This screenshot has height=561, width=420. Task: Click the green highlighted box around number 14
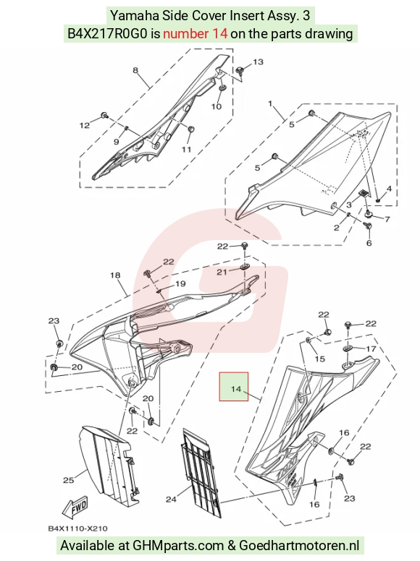pos(234,386)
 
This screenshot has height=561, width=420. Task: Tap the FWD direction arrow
pos(75,508)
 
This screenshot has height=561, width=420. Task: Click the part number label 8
pos(135,70)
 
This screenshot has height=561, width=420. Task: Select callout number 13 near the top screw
pos(258,62)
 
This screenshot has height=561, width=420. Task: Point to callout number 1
pos(270,104)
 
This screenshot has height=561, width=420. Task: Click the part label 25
pos(69,480)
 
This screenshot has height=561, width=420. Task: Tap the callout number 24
pos(171,499)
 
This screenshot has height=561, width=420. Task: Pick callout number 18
pos(115,275)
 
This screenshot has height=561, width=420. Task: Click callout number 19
pos(180,283)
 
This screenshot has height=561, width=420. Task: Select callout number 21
pos(222,273)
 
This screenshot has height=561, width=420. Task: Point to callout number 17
pos(371,348)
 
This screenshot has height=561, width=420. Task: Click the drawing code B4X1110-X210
pos(77,528)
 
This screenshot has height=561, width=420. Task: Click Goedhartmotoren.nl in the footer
pos(299,545)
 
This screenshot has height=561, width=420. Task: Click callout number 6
pos(369,243)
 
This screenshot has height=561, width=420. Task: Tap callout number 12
pos(85,125)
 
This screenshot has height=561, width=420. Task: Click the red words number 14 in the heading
pos(195,34)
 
